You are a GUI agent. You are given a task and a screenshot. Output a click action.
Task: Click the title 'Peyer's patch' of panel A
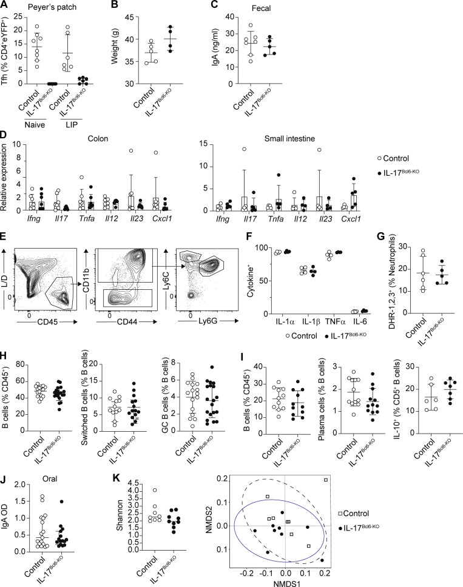[52, 7]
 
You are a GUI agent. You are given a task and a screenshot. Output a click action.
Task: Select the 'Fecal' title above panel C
[262, 8]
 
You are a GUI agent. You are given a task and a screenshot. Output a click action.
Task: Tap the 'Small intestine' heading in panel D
[289, 138]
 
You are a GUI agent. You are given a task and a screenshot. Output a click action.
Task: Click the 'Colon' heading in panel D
[98, 138]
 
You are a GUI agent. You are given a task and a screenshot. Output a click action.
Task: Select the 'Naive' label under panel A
[35, 124]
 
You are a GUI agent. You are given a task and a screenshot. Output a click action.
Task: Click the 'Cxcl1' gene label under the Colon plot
[163, 218]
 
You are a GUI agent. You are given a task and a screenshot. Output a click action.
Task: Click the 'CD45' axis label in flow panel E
[48, 321]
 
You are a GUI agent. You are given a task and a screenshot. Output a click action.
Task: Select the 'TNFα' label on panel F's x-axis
[334, 322]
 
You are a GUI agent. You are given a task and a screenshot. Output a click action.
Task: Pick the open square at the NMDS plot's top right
[326, 480]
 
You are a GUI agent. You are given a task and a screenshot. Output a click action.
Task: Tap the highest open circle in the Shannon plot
[154, 490]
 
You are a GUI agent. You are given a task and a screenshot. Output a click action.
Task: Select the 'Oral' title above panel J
[49, 478]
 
